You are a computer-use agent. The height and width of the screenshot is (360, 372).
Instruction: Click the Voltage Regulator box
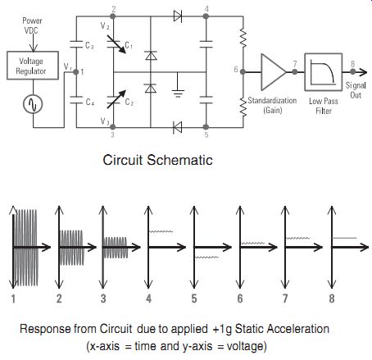pos(33,66)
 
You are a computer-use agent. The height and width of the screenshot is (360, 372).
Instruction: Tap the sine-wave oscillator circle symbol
pos(33,104)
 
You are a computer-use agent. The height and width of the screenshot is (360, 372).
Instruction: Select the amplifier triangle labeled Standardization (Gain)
pos(274,72)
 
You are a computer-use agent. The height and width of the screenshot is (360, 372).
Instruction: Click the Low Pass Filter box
pos(324,72)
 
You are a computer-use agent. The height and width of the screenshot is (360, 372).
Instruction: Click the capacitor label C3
pos(89,45)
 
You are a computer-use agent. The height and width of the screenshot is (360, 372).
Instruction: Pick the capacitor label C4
pos(90,103)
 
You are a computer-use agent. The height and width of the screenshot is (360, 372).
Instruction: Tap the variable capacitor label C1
pos(129,45)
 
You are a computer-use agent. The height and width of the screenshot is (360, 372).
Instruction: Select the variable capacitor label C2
pos(129,102)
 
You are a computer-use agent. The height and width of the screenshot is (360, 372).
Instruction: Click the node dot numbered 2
pos(112,16)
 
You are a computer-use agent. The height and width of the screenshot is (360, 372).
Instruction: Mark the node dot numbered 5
pos(206,127)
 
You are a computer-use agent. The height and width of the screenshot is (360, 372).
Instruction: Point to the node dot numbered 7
pos(295,72)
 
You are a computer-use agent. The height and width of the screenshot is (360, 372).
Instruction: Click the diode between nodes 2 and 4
pos(178,16)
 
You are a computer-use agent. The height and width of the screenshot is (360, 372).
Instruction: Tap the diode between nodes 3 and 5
pos(178,127)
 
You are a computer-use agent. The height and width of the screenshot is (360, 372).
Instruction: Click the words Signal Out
pos(356,90)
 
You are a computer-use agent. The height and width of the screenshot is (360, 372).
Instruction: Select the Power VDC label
pos(32,25)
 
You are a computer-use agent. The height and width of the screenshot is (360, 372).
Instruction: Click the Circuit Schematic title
pos(157,160)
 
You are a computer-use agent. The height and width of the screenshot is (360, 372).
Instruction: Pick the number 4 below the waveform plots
pos(148,298)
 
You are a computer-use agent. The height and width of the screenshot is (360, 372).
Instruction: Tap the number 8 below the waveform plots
pos(332,298)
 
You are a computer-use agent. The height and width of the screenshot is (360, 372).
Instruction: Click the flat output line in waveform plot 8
pos(344,238)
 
